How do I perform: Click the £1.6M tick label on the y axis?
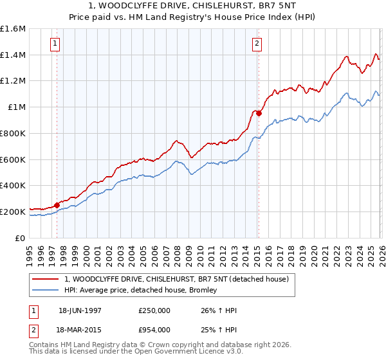pyautogui.click(x=13, y=29)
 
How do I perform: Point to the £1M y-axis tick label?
pyautogui.click(x=16, y=107)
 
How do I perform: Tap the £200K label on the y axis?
pyautogui.click(x=13, y=211)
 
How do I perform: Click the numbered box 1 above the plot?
pyautogui.click(x=55, y=44)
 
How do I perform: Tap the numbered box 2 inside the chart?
pyautogui.click(x=257, y=44)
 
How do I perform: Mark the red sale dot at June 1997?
pyautogui.click(x=57, y=205)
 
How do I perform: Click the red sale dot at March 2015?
pyautogui.click(x=259, y=113)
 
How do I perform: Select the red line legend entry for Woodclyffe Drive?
pyautogui.click(x=180, y=279)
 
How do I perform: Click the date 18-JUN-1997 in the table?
pyautogui.click(x=84, y=310)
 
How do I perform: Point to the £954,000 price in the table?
pyautogui.click(x=154, y=329)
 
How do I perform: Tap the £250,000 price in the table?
pyautogui.click(x=154, y=310)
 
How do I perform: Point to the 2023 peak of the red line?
pyautogui.click(x=346, y=57)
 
